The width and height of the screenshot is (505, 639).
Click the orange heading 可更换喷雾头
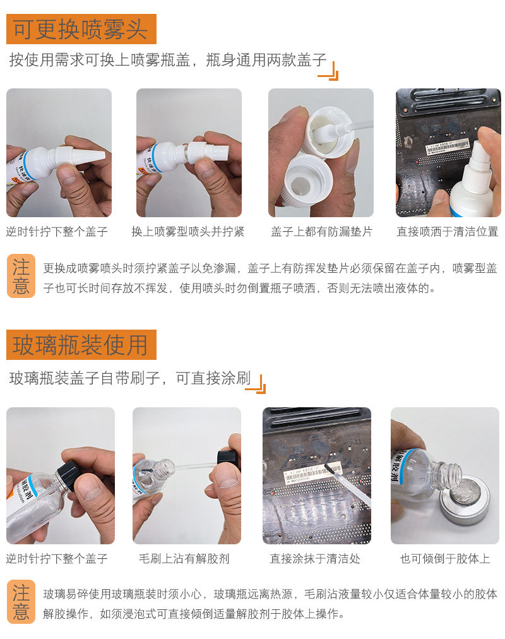[81, 29]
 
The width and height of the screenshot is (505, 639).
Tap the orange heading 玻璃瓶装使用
[81, 345]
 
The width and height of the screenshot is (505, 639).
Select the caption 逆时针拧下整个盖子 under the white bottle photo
[57, 232]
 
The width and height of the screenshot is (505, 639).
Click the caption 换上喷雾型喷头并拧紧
[187, 232]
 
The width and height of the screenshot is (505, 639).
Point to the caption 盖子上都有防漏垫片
[321, 232]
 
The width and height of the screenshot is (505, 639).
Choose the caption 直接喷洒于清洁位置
[448, 232]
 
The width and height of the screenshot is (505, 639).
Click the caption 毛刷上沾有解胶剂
[184, 558]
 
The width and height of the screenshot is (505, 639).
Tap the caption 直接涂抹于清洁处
[315, 558]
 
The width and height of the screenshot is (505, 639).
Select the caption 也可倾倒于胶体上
[445, 558]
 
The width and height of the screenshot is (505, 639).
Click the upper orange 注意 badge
[21, 276]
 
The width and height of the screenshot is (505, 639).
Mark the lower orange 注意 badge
[21, 602]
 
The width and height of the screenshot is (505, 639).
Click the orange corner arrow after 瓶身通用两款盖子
[328, 71]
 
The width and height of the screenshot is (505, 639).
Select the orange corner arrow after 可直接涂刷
[256, 384]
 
